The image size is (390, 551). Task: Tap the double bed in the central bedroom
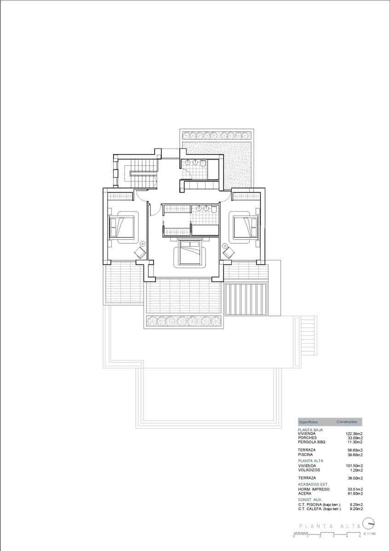190,254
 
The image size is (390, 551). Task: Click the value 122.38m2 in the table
354,433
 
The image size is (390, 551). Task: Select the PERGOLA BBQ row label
311,442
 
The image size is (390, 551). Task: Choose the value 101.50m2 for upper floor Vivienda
354,466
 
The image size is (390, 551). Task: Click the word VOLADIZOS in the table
309,470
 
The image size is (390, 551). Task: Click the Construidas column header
347,422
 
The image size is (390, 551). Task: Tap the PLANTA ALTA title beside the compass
328,526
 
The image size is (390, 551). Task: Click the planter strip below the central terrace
184,321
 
